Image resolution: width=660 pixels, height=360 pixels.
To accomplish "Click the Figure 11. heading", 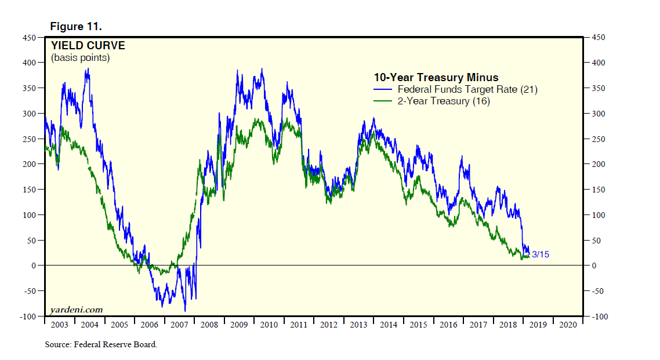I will point(76,27).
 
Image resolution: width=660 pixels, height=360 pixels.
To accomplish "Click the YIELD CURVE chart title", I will point(88,46).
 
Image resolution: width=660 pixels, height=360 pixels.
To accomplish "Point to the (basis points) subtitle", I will point(80,58).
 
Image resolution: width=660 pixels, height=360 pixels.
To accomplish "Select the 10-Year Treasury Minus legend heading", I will point(436,78).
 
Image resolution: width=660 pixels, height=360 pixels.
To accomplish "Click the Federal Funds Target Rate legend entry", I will point(458,89).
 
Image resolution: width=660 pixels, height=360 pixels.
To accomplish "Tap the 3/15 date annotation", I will point(540,254).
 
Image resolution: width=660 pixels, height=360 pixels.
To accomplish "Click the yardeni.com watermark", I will point(77,310).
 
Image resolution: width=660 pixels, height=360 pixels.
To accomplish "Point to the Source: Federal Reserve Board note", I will point(101,344).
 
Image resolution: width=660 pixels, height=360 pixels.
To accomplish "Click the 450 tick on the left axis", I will point(29,38).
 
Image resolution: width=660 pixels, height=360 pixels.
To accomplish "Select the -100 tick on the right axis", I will point(599,317).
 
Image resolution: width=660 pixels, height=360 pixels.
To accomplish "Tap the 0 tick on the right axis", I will point(594,266).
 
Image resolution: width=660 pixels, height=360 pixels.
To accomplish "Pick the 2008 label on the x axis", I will point(209,325).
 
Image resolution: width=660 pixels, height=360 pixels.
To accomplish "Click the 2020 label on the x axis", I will point(568,325).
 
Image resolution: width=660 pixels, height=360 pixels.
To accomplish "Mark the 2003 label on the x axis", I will point(59,325).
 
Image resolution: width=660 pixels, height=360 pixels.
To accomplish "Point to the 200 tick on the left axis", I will point(29,164).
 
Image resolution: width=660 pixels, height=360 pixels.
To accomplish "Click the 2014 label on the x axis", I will point(388,325).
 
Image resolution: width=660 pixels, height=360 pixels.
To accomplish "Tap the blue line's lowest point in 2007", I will point(185,311).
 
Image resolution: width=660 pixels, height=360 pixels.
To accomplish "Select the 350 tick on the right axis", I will point(598,88).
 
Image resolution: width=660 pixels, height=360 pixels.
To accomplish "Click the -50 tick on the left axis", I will point(28,291).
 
